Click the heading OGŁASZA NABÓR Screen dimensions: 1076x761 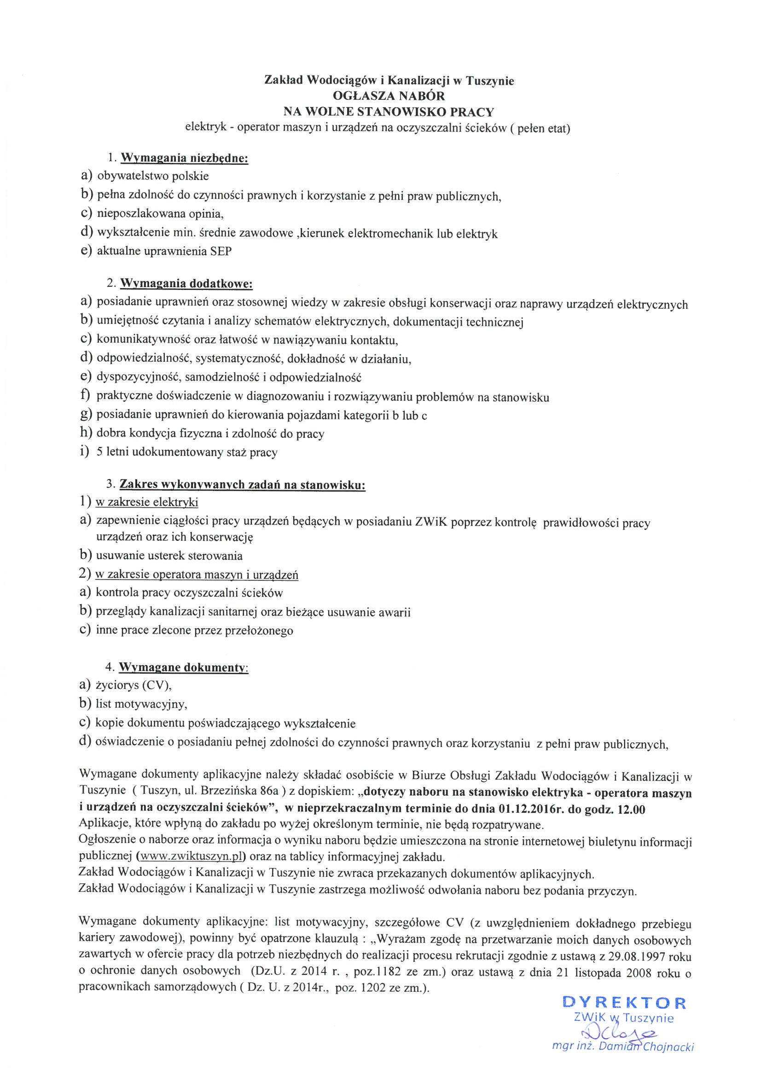tap(389, 96)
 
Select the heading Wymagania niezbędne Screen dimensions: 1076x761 tap(184, 158)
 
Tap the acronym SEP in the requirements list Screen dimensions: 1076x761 tap(221, 251)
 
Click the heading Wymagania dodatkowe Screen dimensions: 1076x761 tap(186, 283)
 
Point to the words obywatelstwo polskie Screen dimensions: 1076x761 tap(153, 176)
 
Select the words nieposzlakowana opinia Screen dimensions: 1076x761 tap(159, 214)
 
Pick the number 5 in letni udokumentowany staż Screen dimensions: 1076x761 tap(100, 452)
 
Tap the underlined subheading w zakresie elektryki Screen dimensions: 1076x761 tap(147, 503)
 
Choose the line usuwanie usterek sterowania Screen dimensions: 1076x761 tap(169, 556)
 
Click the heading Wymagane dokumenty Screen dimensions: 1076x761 tap(182, 667)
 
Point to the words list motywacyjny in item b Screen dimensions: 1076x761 tap(141, 704)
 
